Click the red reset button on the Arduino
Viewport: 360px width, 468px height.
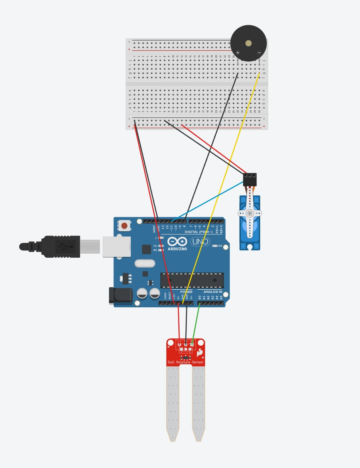(125, 226)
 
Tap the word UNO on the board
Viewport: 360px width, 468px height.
(200, 242)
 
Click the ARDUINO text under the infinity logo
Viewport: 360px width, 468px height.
(177, 249)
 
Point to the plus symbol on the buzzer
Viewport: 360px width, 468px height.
(238, 53)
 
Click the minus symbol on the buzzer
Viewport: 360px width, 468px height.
(259, 52)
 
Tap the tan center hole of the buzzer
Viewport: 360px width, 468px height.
(249, 43)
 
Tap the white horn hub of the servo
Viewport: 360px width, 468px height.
(250, 213)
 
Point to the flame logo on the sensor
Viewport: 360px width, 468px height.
(199, 353)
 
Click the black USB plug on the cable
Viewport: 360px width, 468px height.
(60, 246)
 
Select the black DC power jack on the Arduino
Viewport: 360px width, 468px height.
(121, 296)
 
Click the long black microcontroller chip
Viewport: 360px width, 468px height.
(192, 280)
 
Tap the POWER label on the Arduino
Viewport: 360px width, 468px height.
(186, 292)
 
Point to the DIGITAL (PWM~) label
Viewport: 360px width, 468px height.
(198, 232)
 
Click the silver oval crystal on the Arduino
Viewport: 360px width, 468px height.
(145, 263)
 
